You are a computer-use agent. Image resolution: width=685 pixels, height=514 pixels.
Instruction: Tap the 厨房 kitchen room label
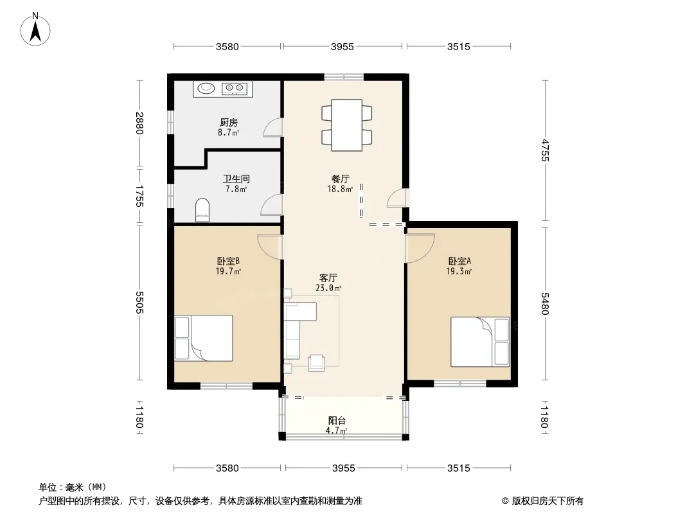point(229,122)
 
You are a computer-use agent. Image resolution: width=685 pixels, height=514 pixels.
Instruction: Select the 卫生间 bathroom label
point(236,179)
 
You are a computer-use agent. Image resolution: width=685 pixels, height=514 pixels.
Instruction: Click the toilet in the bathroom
point(202,210)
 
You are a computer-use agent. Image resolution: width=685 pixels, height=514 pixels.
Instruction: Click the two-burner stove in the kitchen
point(235,89)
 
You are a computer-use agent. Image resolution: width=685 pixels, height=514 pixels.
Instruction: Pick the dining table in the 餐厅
point(347,125)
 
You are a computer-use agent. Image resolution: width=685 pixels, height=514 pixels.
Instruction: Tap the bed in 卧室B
point(204,338)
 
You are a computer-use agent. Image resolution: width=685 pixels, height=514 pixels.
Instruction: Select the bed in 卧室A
point(480,342)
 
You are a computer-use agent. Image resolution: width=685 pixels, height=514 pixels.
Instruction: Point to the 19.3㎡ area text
point(459,272)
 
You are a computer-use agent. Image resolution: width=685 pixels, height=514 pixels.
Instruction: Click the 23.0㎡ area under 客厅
point(328,288)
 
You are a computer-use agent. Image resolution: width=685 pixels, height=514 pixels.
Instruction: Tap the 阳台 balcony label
point(337,421)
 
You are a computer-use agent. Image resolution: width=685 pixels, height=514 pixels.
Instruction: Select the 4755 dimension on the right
point(545,150)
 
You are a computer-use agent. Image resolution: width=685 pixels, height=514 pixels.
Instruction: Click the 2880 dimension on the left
point(139,123)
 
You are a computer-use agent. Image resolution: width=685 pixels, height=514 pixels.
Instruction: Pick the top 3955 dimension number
point(342,46)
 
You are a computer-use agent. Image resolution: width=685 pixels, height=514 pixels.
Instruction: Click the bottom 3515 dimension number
point(459,468)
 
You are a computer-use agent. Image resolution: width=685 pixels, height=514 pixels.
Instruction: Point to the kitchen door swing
point(272,127)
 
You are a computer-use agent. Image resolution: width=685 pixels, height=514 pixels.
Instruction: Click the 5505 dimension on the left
point(139,302)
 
